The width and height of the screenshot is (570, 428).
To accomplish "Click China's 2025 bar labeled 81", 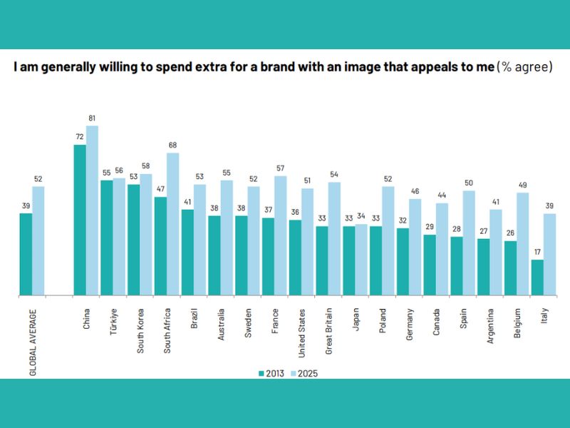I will pyautogui.click(x=92, y=210).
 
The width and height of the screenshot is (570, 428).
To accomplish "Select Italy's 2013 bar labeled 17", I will pyautogui.click(x=537, y=277).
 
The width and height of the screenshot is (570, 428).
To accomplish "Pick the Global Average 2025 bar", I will pyautogui.click(x=38, y=240).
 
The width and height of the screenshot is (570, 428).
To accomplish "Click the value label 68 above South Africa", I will pyautogui.click(x=172, y=146).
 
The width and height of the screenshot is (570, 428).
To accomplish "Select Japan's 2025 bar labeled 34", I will pyautogui.click(x=361, y=260).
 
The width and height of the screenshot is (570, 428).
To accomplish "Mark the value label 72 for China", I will pyautogui.click(x=80, y=138).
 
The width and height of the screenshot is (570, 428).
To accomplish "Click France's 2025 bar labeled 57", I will pyautogui.click(x=280, y=235).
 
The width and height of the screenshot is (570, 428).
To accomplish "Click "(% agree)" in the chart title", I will pyautogui.click(x=525, y=68).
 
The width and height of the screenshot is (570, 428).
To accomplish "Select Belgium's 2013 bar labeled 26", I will pyautogui.click(x=510, y=268).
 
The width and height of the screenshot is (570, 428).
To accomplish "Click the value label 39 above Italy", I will pyautogui.click(x=549, y=206).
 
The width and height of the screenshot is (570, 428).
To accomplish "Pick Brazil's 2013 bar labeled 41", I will pyautogui.click(x=187, y=253).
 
